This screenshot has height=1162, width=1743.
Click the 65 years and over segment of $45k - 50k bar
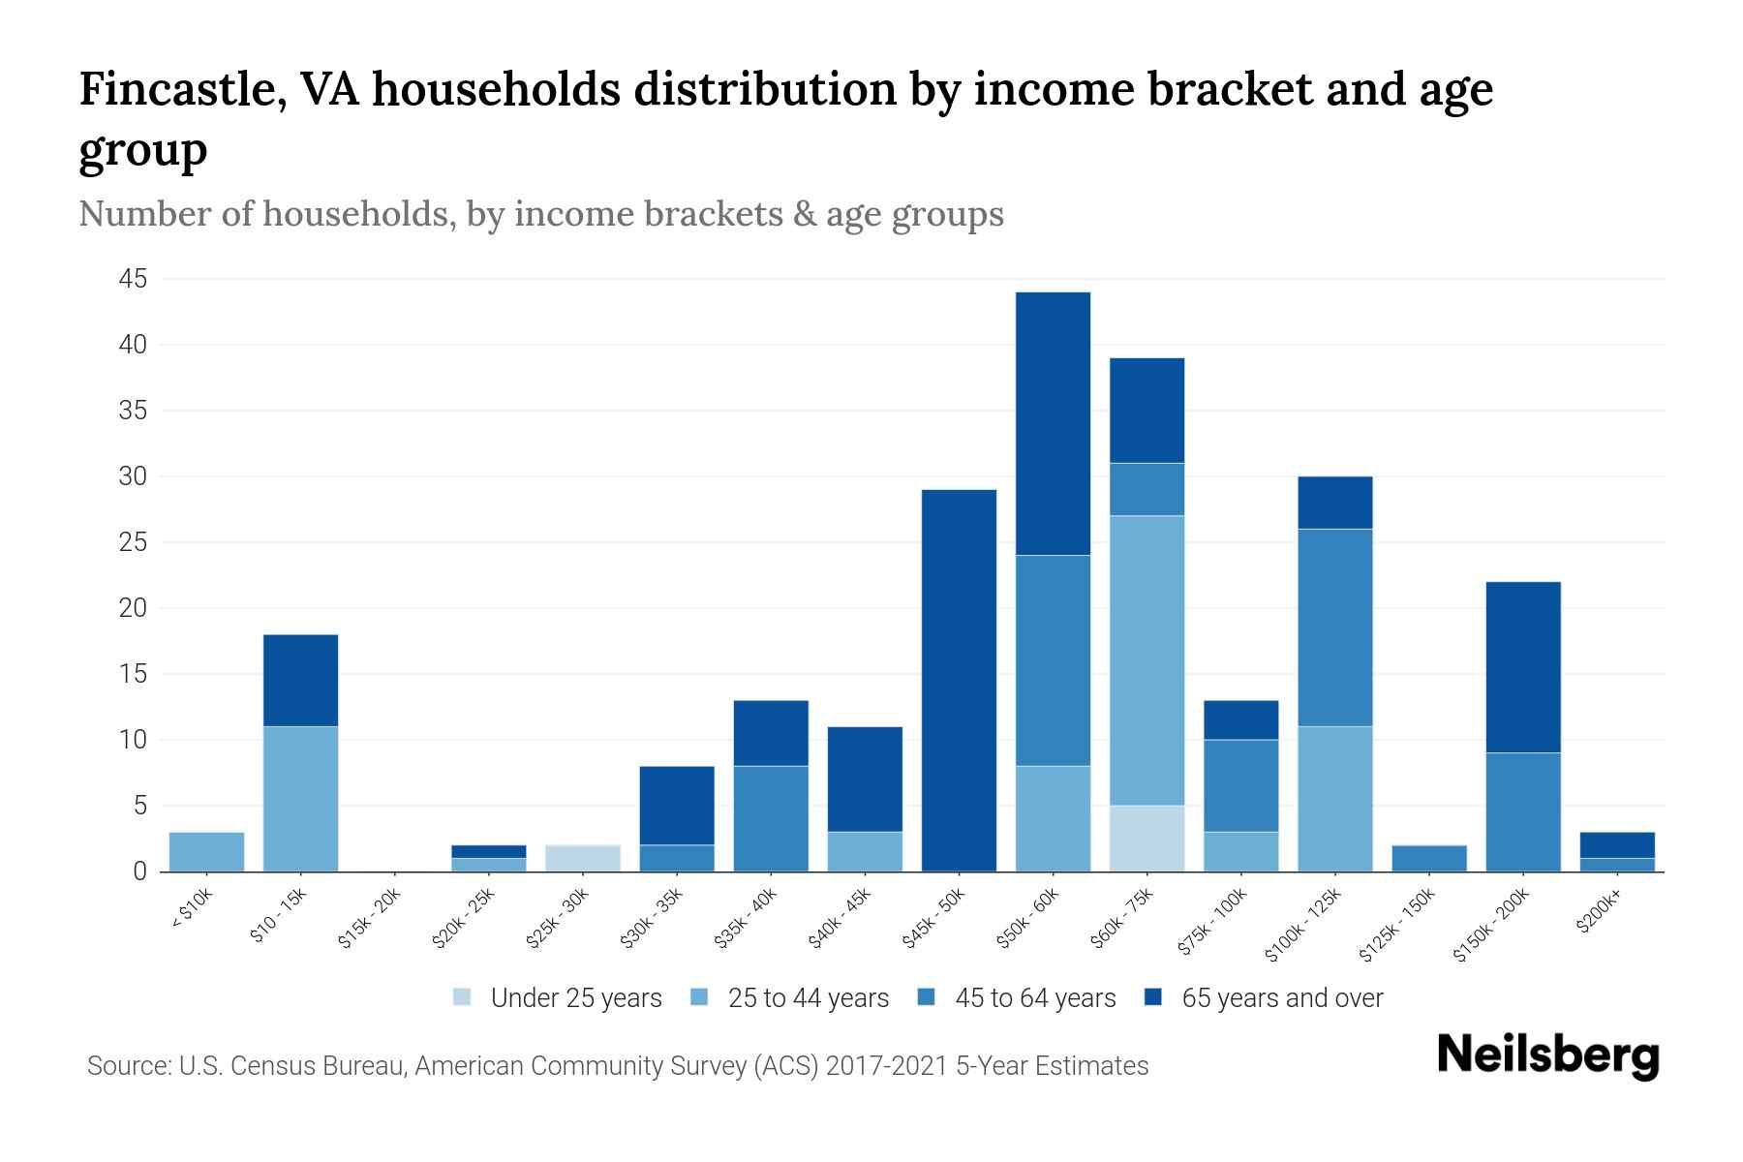pos(959,680)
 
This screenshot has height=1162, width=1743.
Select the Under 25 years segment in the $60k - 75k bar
pos(1147,838)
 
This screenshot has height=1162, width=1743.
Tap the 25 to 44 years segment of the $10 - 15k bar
pos(300,798)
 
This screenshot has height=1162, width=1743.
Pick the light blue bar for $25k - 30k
pos(583,858)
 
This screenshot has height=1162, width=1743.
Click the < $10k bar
pos(206,851)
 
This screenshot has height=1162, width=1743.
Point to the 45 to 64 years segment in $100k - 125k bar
pos(1335,627)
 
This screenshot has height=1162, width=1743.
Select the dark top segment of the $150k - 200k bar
pos(1523,666)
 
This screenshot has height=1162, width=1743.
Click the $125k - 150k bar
pos(1429,858)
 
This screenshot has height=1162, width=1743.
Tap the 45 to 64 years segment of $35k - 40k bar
pos(771,818)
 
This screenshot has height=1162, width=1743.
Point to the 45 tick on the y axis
pos(133,280)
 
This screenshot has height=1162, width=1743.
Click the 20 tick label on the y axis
pos(133,609)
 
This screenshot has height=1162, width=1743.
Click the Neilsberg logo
pos(1547,1055)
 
